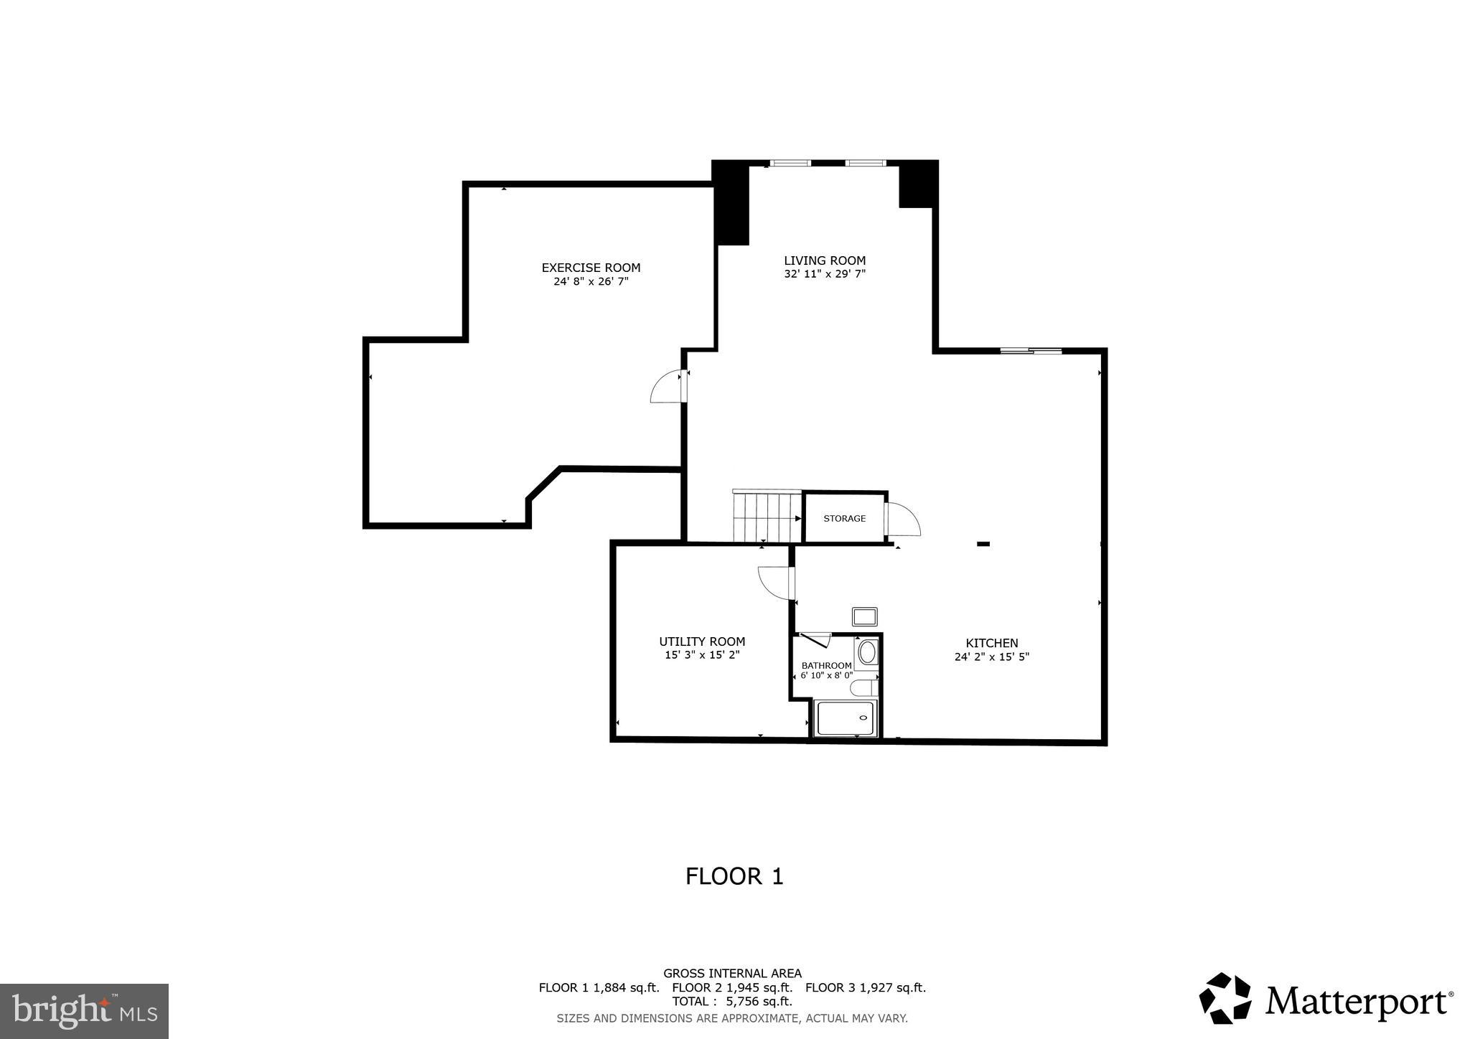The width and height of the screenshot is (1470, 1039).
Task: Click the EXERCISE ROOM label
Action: [591, 268]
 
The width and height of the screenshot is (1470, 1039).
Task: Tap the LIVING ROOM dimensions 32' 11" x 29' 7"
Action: [825, 274]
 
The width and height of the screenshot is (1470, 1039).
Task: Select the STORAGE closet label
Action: [844, 518]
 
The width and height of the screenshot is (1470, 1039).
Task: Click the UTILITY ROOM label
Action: [702, 641]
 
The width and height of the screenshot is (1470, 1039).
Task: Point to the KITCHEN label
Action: [991, 643]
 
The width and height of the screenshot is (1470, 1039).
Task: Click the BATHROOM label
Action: [826, 665]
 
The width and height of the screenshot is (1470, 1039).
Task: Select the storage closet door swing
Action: [903, 519]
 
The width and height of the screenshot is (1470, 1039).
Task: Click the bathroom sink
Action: [867, 652]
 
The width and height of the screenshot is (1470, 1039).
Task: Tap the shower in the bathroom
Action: [845, 718]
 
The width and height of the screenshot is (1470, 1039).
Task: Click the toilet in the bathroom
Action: [863, 688]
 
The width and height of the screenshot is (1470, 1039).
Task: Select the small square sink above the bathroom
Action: [864, 616]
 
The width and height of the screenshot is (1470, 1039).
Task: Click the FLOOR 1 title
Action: [734, 876]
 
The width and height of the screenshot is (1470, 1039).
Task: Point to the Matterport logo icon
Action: [1225, 998]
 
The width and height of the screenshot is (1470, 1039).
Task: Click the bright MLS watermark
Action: [84, 1011]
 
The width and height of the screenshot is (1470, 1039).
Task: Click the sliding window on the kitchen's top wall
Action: [1031, 351]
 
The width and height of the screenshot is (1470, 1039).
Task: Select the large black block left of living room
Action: [731, 203]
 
